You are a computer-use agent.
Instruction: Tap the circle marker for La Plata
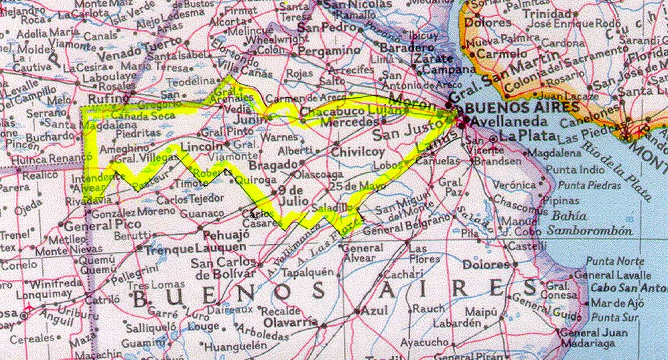click(x=493, y=139)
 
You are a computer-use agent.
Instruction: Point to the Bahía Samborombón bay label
click(x=590, y=223)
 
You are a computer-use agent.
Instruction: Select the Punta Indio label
click(x=575, y=170)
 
